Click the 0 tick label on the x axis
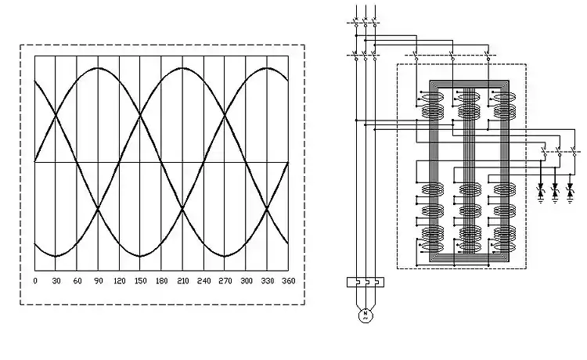pos(34,280)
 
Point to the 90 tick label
pos(98,280)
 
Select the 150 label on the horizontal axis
pos(140,280)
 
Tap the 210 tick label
pos(182,280)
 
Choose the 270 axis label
pos(225,280)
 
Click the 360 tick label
pos(288,280)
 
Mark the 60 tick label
pos(77,280)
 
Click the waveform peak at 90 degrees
pos(98,68)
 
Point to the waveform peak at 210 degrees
pos(182,68)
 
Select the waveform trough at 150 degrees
pos(140,256)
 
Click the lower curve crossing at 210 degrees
pos(182,209)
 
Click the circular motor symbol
pos(363,315)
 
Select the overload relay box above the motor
pos(363,282)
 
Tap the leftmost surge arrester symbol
pos(540,190)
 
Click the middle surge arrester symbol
pos(556,190)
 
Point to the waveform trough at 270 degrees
pos(225,256)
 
